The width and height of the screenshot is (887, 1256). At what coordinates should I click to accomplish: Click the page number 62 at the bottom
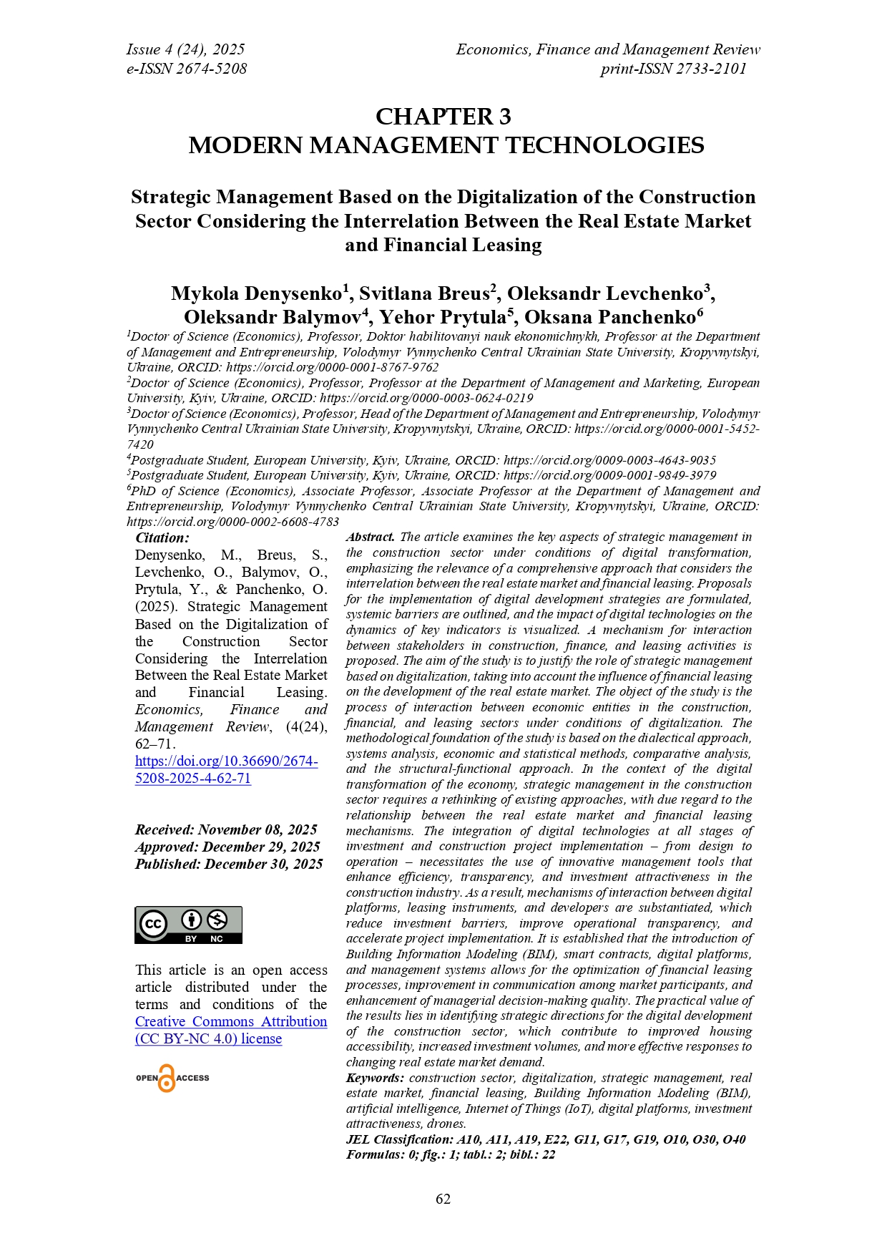click(443, 1199)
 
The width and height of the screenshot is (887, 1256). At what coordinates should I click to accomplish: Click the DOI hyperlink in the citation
click(226, 770)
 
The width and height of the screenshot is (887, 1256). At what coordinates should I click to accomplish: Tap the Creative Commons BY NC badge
click(188, 925)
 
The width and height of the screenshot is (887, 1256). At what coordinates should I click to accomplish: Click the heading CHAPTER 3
click(443, 117)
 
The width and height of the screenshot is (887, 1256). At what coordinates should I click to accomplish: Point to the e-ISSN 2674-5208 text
click(187, 69)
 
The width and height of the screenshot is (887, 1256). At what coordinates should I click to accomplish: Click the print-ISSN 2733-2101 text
click(673, 69)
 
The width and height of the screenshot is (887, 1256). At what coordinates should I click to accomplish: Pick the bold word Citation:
click(162, 538)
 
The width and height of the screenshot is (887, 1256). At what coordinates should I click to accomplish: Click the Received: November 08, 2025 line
click(226, 829)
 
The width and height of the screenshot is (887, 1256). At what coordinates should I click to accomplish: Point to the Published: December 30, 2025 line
click(229, 864)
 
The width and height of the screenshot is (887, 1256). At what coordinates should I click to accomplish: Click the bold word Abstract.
click(371, 537)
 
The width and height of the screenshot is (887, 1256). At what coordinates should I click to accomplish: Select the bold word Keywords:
click(376, 1078)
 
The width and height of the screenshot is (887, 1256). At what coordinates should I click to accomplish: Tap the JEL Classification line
click(545, 1139)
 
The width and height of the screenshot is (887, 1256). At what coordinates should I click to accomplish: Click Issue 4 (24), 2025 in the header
click(185, 49)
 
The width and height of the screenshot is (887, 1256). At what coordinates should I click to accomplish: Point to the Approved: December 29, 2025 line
click(227, 847)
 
